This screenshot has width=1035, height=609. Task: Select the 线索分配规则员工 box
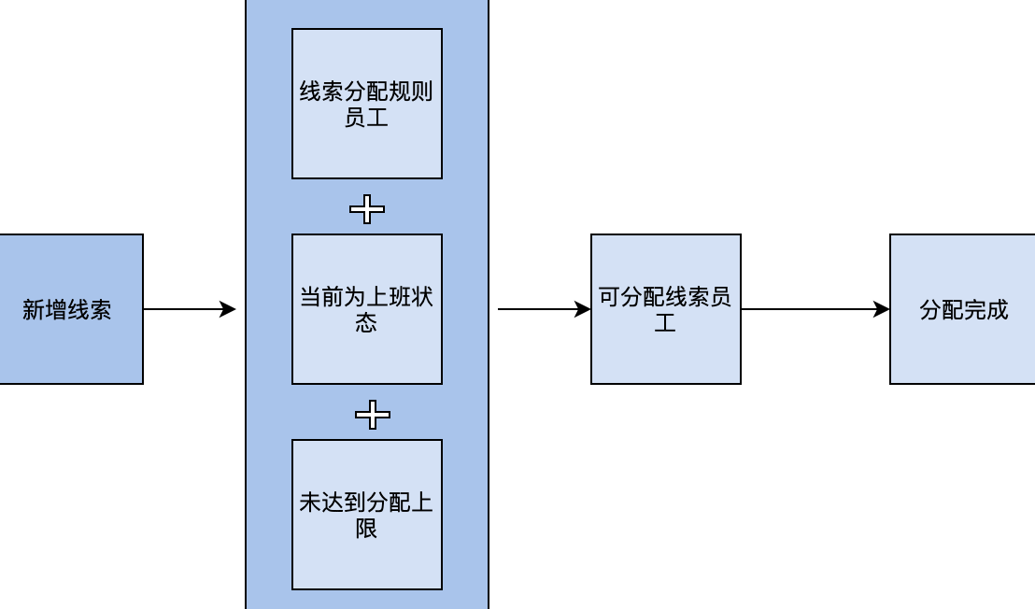367,104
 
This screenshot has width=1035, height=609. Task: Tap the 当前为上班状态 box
367,309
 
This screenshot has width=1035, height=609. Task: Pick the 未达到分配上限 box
367,515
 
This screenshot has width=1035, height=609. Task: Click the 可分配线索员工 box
666,309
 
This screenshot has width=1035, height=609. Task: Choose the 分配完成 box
962,309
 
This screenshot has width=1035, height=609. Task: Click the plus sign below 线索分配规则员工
367,210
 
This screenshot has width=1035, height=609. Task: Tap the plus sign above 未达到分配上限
373,415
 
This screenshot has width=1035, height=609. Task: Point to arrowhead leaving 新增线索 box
228,309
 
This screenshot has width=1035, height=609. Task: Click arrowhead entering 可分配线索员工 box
583,309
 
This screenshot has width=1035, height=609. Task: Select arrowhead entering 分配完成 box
882,309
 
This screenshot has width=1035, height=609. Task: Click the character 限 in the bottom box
366,528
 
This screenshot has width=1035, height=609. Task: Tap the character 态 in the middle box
366,322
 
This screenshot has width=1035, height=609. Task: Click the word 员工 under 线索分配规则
366,118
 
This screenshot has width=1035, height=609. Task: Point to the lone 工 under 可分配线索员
665,323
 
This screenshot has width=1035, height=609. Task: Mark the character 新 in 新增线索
34,310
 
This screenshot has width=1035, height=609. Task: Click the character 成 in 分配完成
998,310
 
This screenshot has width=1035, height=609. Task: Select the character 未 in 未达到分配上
310,503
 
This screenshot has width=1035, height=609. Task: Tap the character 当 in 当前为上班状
310,298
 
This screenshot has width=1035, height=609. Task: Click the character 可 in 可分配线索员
609,298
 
